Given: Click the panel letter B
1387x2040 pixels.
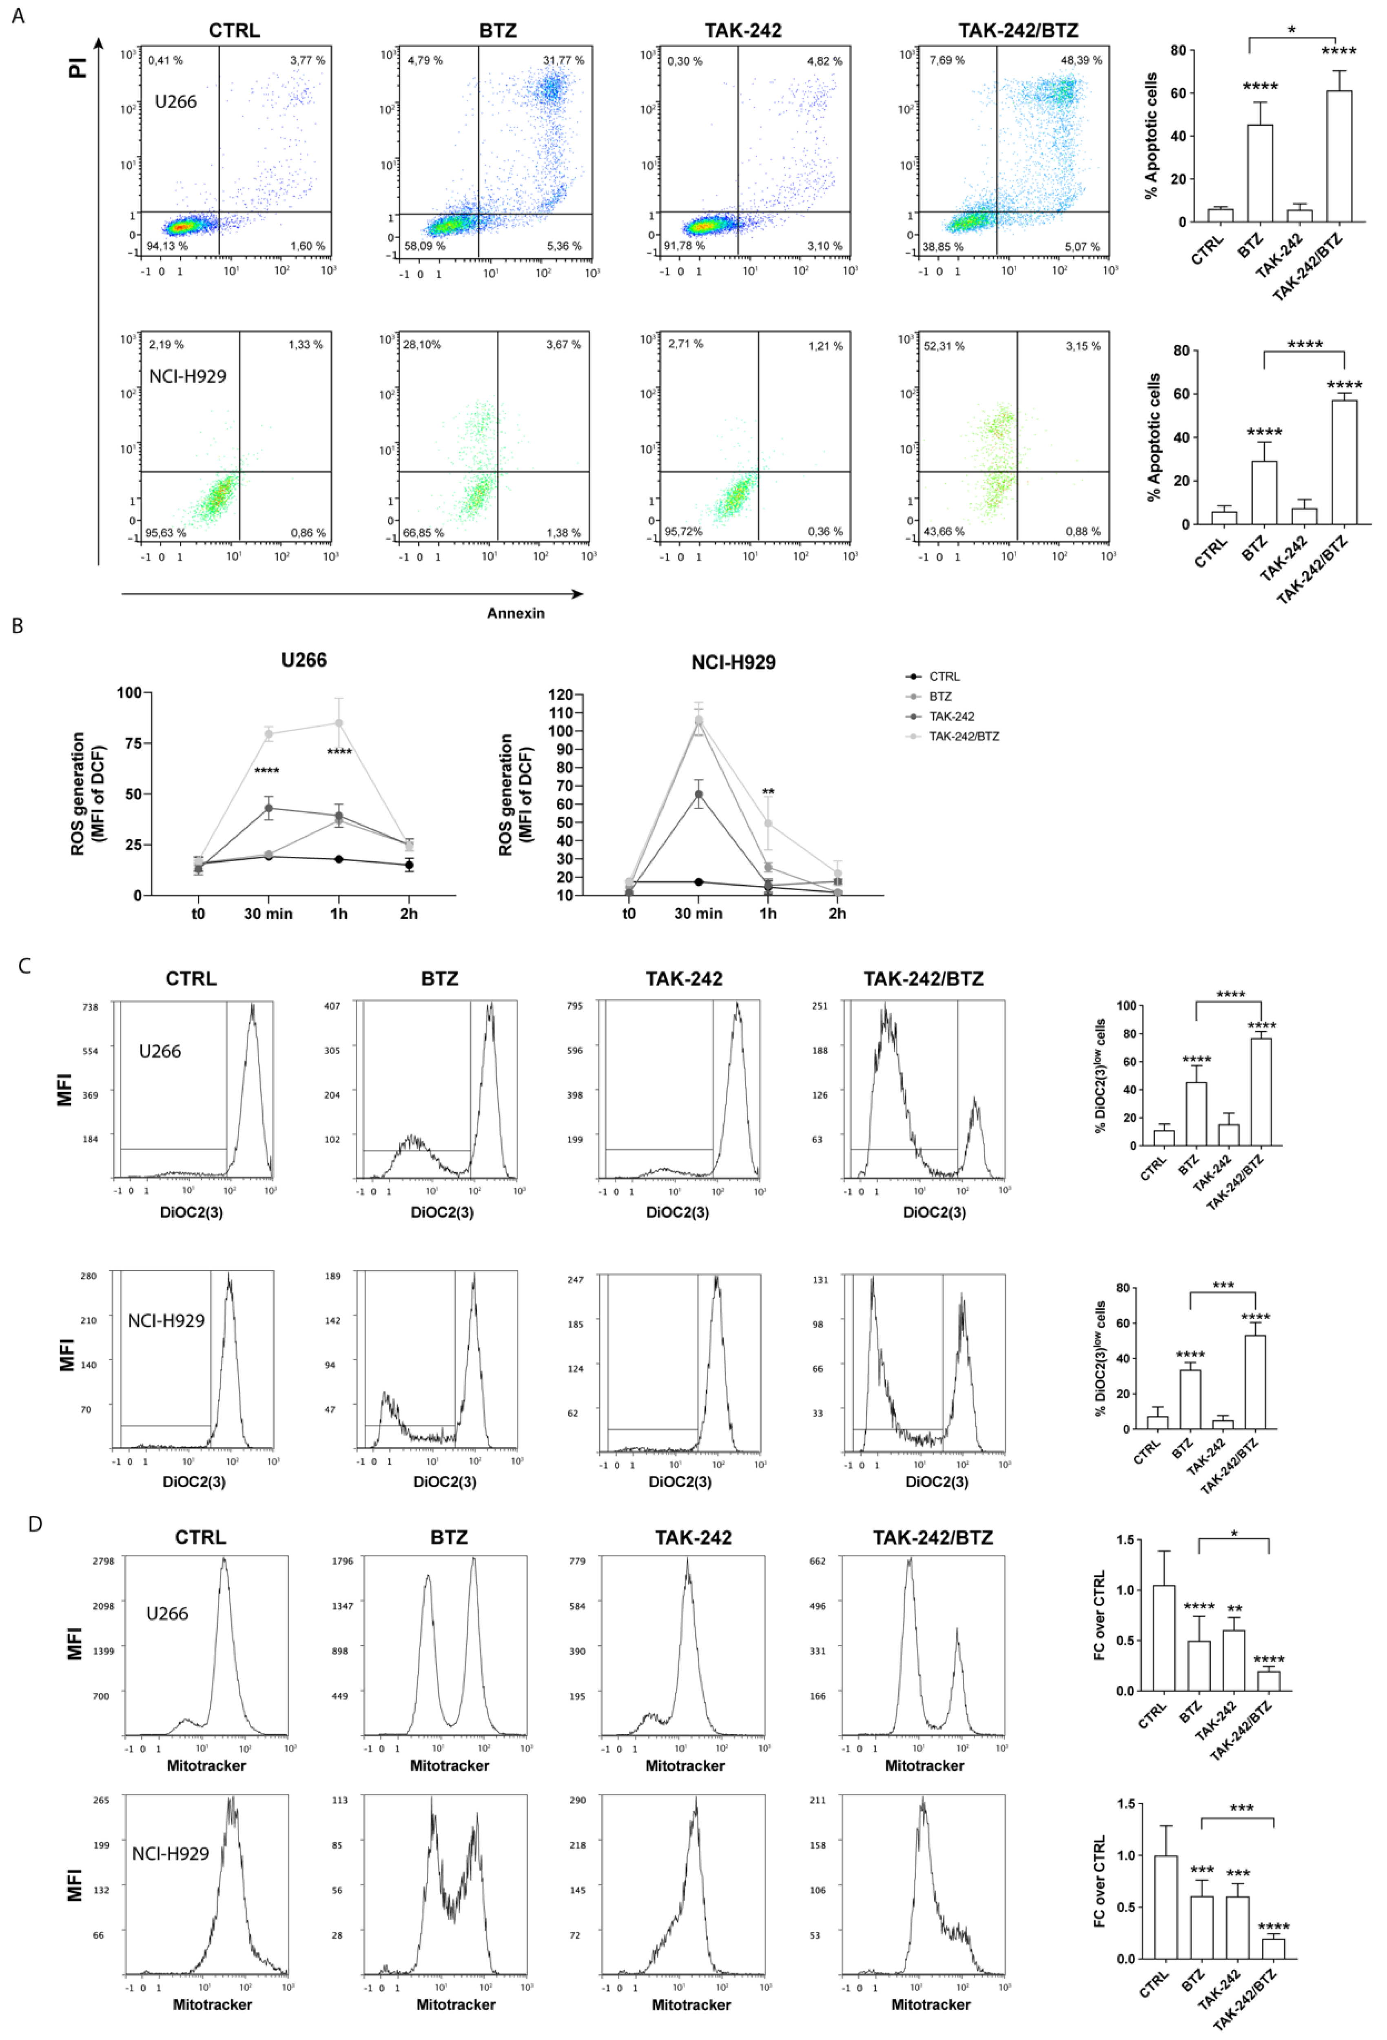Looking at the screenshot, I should [x=18, y=626].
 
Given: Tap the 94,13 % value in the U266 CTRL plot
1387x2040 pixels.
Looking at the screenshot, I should [x=167, y=246].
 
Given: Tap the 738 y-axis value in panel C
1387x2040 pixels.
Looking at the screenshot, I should [x=91, y=1007].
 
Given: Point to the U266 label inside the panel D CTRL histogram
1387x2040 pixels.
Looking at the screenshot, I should [x=167, y=1613].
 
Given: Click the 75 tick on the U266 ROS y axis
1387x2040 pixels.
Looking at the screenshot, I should [x=132, y=743].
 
